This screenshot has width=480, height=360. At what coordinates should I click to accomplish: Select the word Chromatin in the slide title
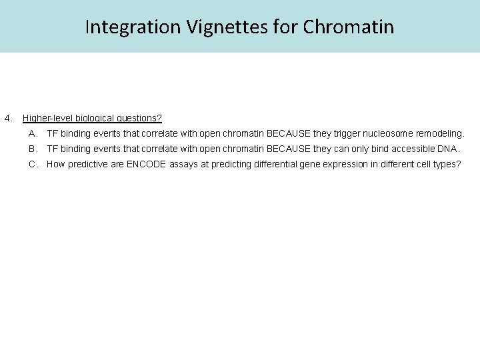pos(348,27)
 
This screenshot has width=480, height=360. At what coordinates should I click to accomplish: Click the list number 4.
pos(8,118)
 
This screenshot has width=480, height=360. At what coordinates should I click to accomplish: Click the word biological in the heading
pos(94,118)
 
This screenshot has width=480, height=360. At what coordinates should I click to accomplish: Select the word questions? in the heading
pos(139,118)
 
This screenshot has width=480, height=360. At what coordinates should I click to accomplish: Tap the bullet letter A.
pos(33,133)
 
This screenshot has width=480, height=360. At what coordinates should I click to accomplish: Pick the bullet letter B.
pos(33,149)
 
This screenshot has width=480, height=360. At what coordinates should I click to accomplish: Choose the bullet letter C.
pos(33,164)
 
